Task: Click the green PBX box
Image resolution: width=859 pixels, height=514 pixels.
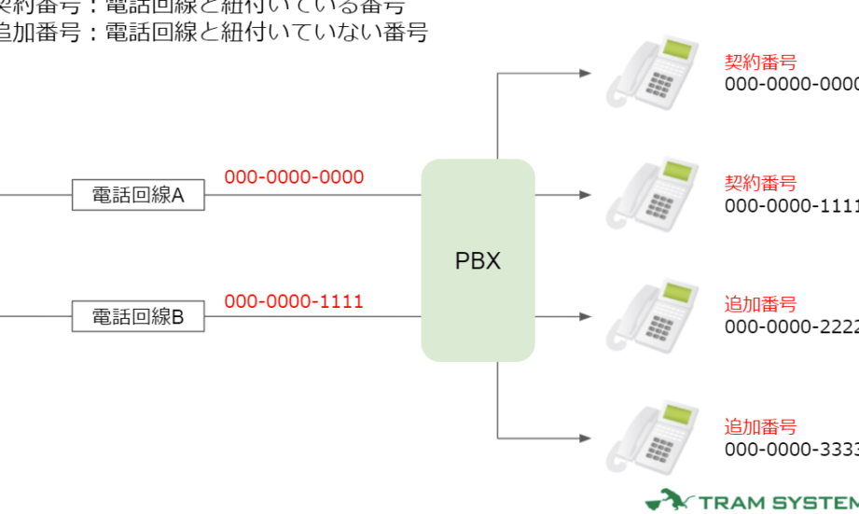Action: pos(478,260)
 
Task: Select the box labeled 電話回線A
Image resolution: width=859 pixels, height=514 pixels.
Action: pos(138,196)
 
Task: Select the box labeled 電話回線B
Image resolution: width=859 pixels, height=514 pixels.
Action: pos(138,317)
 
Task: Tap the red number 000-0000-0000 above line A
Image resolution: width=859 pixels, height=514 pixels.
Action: pos(294,177)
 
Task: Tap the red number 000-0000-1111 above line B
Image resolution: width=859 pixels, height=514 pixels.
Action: pos(294,301)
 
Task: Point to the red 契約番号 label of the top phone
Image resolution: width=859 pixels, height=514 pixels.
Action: pos(760,63)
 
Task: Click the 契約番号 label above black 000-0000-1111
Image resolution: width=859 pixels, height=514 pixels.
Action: pos(760,184)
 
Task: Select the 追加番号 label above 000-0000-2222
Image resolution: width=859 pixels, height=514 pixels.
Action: pos(760,305)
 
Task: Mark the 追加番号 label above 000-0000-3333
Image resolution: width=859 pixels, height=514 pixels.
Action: pos(760,427)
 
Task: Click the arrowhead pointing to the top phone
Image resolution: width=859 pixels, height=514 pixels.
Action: pos(585,73)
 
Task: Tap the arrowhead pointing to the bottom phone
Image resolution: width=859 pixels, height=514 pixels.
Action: pos(585,438)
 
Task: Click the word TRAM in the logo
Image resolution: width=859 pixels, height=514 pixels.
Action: pos(731,504)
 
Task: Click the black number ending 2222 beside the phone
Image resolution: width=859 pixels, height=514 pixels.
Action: pos(791,326)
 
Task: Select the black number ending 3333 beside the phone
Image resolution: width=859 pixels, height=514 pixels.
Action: pos(791,449)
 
